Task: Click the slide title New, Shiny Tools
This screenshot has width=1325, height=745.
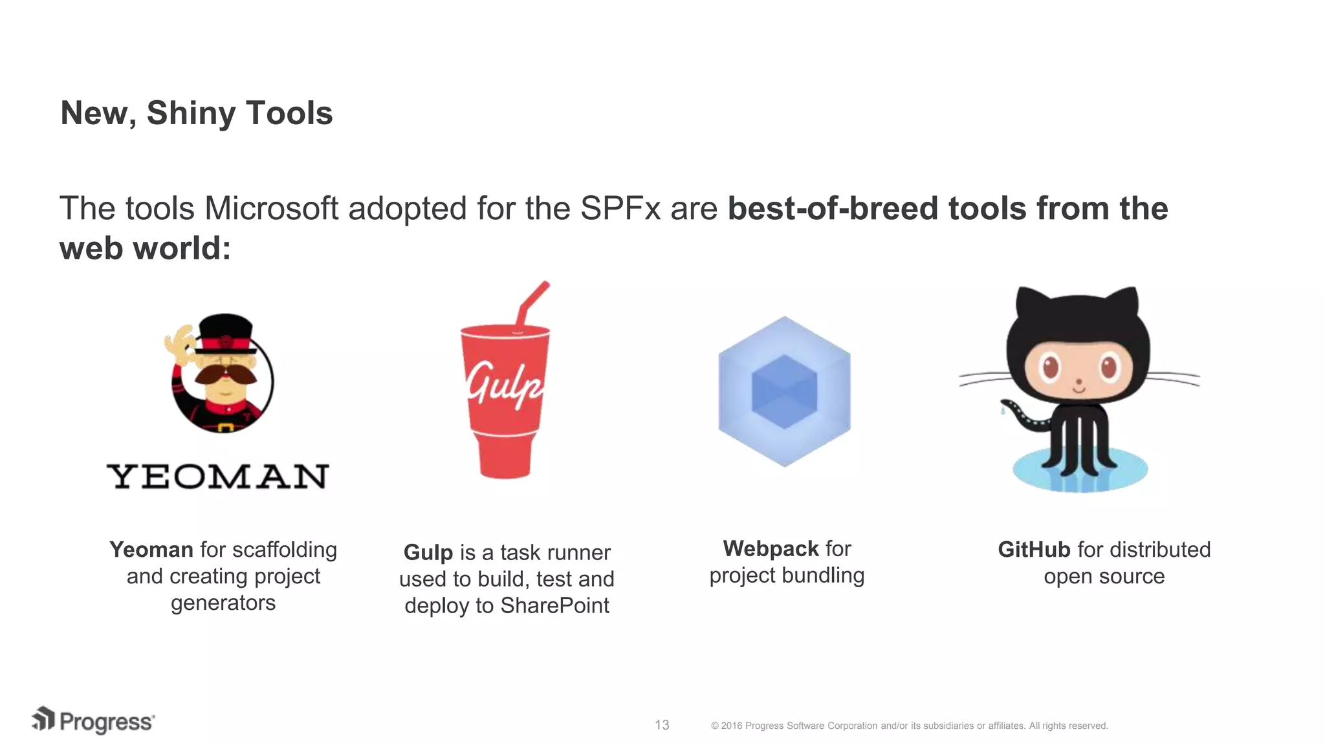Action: coord(196,113)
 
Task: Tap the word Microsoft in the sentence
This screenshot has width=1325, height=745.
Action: coord(271,209)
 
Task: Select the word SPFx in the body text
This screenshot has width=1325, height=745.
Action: coord(620,209)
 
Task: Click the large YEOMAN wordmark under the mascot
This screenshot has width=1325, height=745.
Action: coord(218,477)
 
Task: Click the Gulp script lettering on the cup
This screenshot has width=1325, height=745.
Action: coord(505,385)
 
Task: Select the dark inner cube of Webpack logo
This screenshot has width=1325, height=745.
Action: coord(784,392)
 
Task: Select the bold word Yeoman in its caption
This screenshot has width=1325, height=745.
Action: coord(151,550)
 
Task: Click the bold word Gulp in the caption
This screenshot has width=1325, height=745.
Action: coord(428,552)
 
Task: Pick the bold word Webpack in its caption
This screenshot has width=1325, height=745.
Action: coord(770,548)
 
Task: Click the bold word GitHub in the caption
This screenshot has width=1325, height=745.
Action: coord(1034,550)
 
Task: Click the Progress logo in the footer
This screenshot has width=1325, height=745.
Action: coord(93,721)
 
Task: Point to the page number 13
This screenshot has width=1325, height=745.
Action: coord(661,725)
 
